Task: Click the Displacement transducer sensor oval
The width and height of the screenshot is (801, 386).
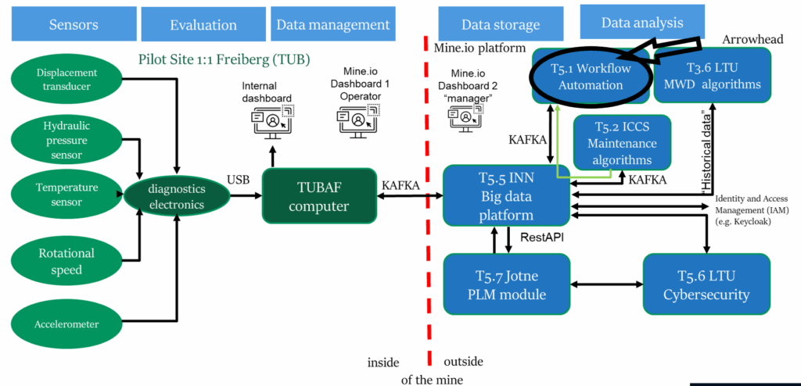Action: [x=66, y=79]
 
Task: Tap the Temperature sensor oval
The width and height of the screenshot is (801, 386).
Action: [x=66, y=195]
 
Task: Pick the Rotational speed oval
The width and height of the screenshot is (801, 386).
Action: [x=66, y=260]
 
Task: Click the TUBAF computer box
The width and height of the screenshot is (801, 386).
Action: [x=317, y=197]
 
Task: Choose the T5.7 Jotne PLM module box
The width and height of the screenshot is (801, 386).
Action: [x=506, y=285]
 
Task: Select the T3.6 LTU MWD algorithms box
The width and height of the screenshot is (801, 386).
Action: [x=712, y=74]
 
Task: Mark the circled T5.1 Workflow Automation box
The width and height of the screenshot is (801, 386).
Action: [x=591, y=77]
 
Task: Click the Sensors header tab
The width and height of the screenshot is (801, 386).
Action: [x=74, y=24]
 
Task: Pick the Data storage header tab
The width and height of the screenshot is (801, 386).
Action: [x=501, y=24]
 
